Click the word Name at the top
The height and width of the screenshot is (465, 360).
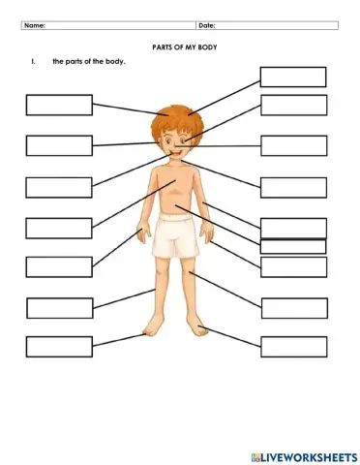click(x=35, y=26)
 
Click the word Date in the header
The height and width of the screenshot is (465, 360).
click(x=206, y=26)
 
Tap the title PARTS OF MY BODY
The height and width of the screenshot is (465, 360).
click(x=181, y=46)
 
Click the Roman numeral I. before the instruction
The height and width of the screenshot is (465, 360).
click(x=33, y=62)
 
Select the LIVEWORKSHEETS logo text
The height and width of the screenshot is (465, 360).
click(x=307, y=454)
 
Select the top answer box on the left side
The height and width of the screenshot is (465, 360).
click(x=59, y=105)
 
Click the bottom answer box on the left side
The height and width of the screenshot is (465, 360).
click(x=59, y=346)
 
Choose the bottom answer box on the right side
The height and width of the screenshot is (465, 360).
click(x=293, y=346)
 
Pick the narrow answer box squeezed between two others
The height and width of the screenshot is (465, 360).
click(x=293, y=246)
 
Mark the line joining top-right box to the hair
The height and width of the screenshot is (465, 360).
click(x=225, y=96)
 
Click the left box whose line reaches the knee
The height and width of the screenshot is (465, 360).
click(x=59, y=307)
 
